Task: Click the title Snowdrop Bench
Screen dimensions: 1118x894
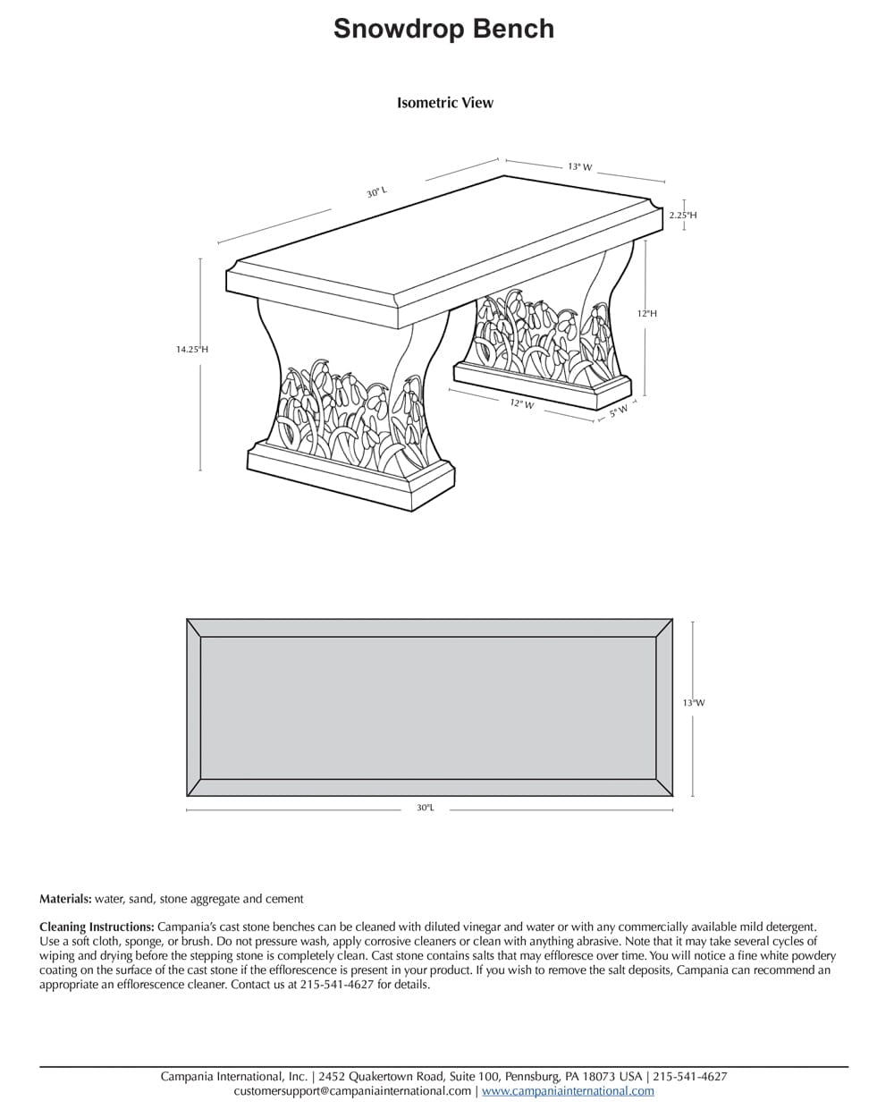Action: (x=443, y=29)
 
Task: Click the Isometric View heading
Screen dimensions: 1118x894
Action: (x=444, y=103)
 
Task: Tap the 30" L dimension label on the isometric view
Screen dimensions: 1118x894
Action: (x=376, y=192)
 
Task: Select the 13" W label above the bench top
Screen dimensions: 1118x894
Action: (x=579, y=166)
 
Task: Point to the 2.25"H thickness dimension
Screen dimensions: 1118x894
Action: (x=682, y=215)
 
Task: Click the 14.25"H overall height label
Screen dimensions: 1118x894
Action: (x=191, y=350)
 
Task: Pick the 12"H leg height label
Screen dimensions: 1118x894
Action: (x=646, y=314)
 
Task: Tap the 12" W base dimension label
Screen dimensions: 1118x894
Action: (x=522, y=404)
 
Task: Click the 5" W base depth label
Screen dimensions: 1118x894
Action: (x=619, y=412)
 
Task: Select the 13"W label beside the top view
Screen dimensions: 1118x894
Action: (x=693, y=703)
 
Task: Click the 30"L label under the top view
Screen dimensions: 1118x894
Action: (x=425, y=808)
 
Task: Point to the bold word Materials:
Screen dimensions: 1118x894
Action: (x=65, y=899)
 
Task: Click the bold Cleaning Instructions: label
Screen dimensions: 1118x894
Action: (x=97, y=927)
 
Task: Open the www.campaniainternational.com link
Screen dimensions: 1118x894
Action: (x=568, y=1091)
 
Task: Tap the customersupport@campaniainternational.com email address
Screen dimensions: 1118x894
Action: (x=352, y=1091)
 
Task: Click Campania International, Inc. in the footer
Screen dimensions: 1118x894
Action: (x=234, y=1077)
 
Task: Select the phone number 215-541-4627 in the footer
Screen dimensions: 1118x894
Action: (x=689, y=1077)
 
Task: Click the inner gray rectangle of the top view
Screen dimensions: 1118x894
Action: (x=428, y=707)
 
